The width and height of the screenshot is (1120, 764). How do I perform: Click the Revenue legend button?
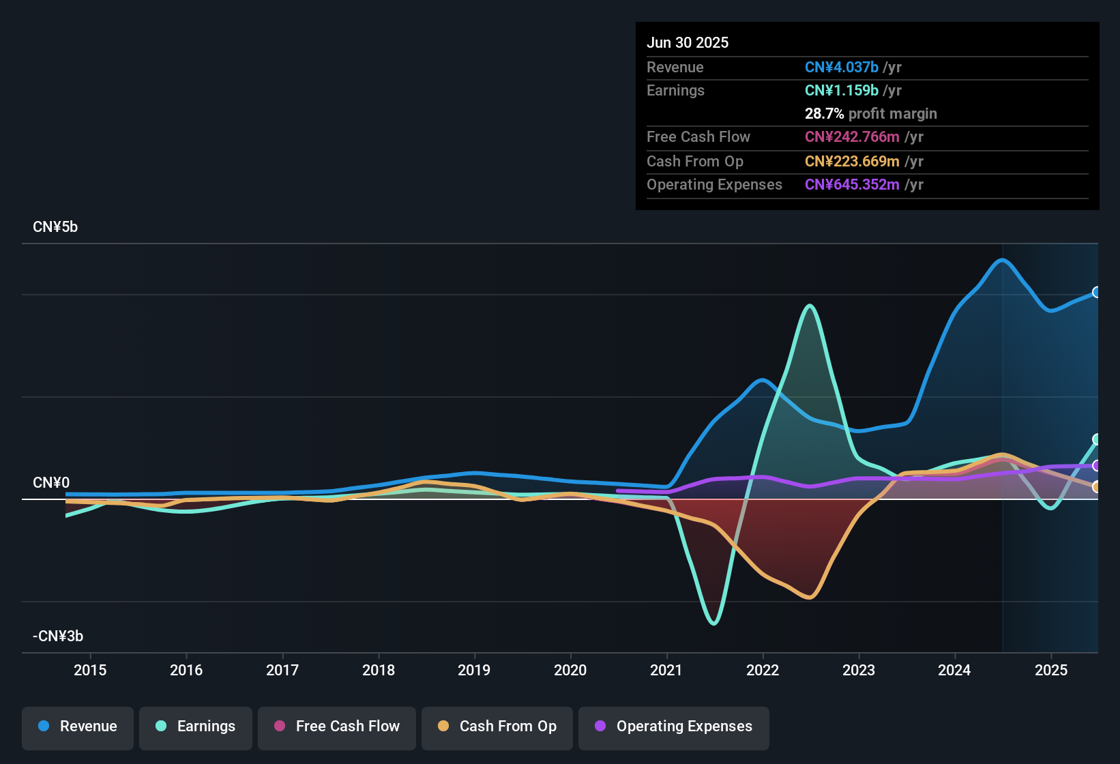[x=78, y=726]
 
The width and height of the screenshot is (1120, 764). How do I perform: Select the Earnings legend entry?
[x=196, y=726]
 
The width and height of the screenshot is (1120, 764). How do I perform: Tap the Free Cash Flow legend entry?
[x=337, y=726]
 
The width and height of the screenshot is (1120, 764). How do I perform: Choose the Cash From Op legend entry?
[x=497, y=726]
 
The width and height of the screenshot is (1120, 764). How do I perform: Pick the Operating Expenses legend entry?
[x=674, y=726]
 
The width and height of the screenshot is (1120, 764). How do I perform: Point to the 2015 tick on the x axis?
[x=90, y=670]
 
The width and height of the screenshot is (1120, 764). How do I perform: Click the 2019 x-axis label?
[x=474, y=670]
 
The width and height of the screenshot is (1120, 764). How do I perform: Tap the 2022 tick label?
[x=763, y=670]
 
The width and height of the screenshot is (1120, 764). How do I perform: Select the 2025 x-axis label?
[x=1051, y=670]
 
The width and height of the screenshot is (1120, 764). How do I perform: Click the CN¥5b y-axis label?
[x=55, y=227]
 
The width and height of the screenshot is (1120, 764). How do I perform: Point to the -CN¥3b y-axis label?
[x=58, y=636]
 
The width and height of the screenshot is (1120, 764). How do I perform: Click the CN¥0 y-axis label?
[x=51, y=483]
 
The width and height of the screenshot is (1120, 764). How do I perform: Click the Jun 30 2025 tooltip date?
[x=688, y=42]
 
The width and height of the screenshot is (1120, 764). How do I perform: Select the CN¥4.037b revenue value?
[x=842, y=67]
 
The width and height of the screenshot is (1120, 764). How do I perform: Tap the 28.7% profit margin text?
[x=870, y=113]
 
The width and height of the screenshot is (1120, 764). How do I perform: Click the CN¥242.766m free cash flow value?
[x=852, y=136]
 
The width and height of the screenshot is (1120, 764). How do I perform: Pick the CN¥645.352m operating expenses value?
[x=852, y=184]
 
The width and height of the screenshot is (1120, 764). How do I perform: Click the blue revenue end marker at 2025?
[x=1096, y=292]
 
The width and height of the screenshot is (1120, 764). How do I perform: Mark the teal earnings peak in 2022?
[x=810, y=306]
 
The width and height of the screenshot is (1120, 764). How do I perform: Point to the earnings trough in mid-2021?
[x=713, y=623]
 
